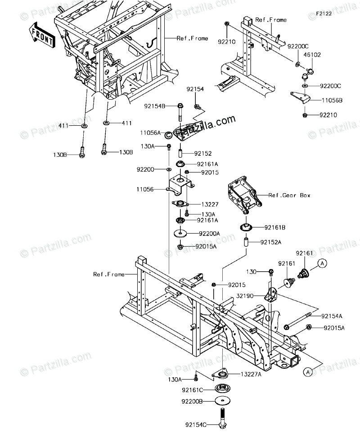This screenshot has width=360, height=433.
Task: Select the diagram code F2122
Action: point(323,14)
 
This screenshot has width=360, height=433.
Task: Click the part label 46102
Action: point(312,55)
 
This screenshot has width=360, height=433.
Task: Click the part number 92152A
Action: point(272,243)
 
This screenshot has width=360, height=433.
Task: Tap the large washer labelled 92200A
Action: point(180,234)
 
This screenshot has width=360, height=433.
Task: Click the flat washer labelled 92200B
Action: point(223,400)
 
